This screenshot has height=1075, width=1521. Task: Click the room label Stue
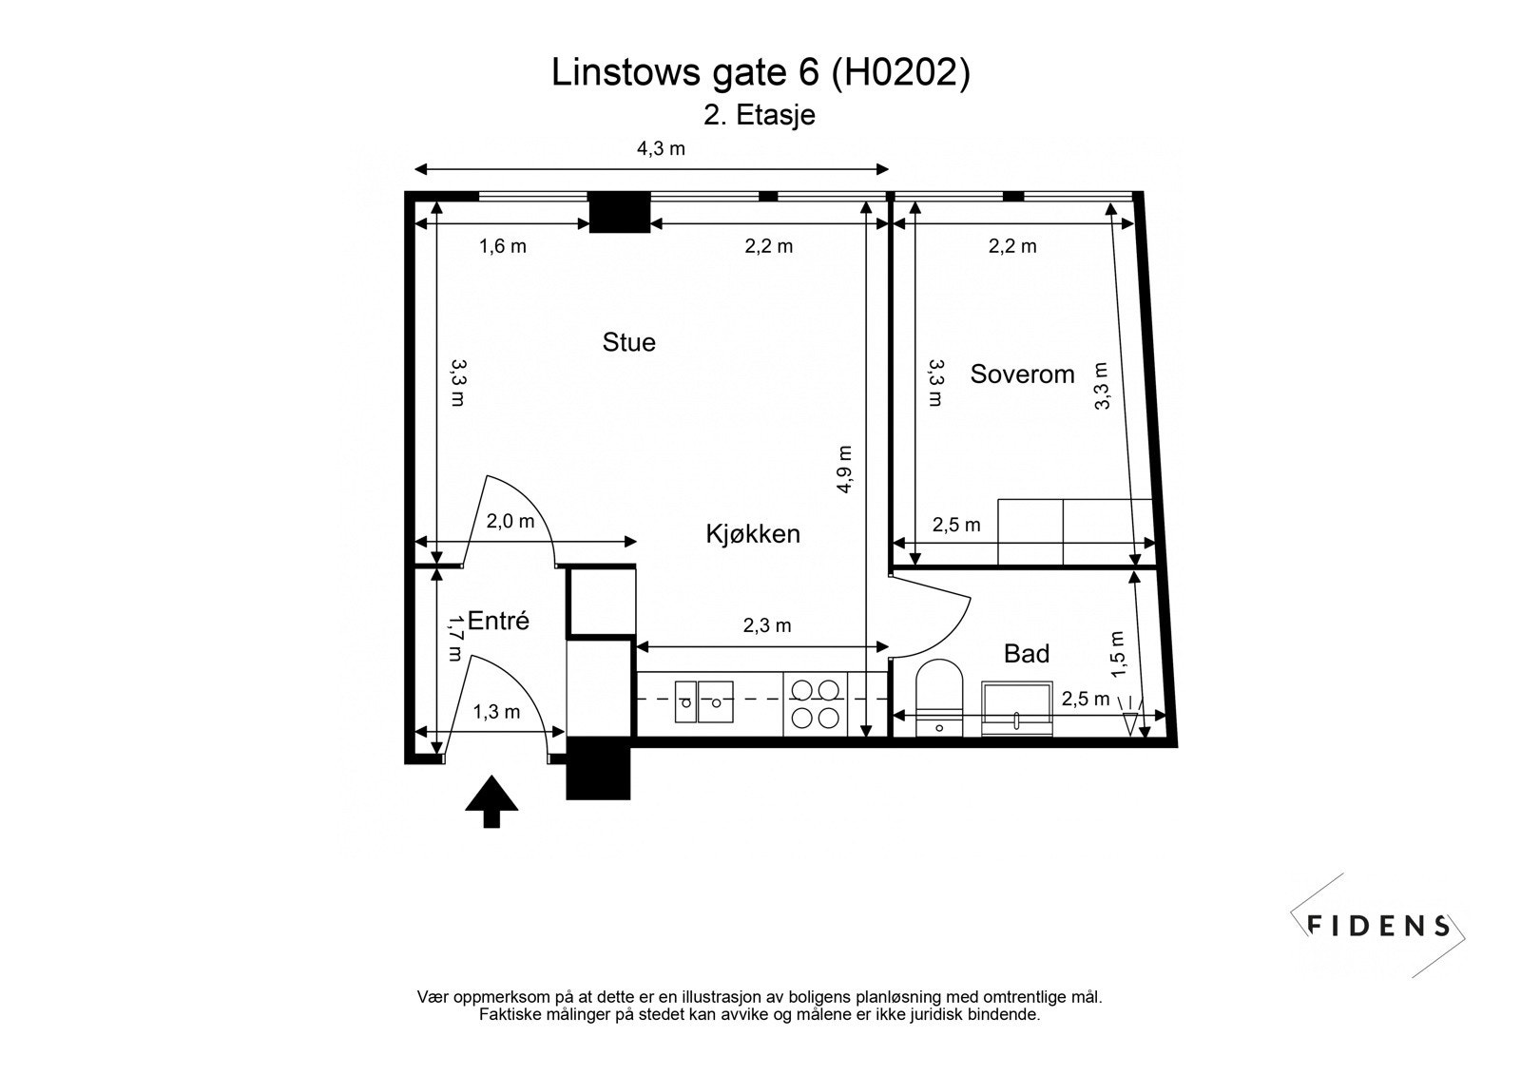pyautogui.click(x=628, y=342)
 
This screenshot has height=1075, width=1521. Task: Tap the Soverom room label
pyautogui.click(x=1022, y=374)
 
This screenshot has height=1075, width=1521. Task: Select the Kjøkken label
pyautogui.click(x=752, y=534)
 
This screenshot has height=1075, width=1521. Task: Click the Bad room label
pyautogui.click(x=1027, y=654)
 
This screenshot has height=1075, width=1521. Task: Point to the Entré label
pyautogui.click(x=498, y=622)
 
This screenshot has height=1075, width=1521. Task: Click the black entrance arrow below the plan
pyautogui.click(x=491, y=800)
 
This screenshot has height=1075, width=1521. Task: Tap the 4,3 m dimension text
pyautogui.click(x=661, y=148)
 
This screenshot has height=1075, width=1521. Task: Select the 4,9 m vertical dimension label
pyautogui.click(x=844, y=470)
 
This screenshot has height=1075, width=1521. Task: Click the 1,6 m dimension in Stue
pyautogui.click(x=502, y=247)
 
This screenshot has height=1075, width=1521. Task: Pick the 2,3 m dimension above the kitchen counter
pyautogui.click(x=766, y=625)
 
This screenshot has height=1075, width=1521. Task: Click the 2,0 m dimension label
pyautogui.click(x=510, y=521)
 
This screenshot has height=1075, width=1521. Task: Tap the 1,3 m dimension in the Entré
pyautogui.click(x=496, y=712)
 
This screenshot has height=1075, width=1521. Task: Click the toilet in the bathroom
pyautogui.click(x=939, y=699)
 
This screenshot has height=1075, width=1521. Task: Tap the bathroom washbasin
pyautogui.click(x=1017, y=708)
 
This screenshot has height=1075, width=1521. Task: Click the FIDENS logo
pyautogui.click(x=1378, y=926)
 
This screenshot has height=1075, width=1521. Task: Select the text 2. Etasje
pyautogui.click(x=759, y=116)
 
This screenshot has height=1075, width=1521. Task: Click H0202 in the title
pyautogui.click(x=900, y=73)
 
